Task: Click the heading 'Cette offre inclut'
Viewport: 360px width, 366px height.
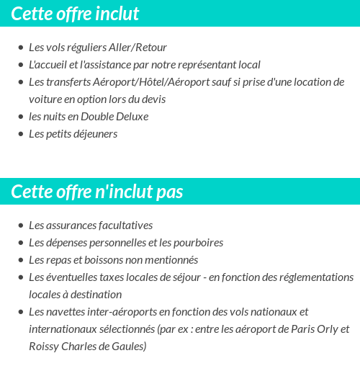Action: point(75,14)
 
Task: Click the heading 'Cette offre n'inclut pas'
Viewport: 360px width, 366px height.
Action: point(97,192)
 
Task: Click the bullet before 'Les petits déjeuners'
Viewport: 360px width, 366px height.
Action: point(20,135)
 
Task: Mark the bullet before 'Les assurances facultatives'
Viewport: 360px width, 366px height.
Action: point(20,226)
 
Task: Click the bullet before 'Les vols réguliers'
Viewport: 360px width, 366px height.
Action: point(20,48)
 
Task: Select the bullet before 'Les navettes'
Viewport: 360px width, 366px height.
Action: point(20,313)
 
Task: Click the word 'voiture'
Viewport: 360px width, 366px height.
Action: point(45,99)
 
